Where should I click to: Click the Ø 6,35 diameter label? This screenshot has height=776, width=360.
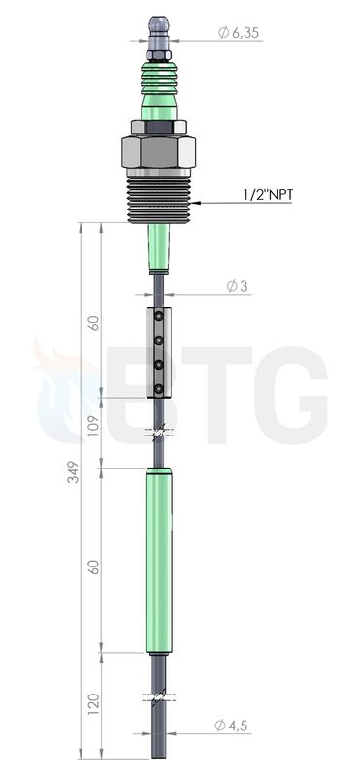click(x=238, y=33)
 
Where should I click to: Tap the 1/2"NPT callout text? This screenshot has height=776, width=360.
click(x=268, y=195)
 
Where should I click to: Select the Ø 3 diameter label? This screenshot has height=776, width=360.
click(x=237, y=286)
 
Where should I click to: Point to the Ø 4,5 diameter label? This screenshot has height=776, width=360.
click(x=231, y=726)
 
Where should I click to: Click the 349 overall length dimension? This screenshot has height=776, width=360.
click(x=74, y=472)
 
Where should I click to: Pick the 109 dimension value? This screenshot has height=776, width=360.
click(x=93, y=427)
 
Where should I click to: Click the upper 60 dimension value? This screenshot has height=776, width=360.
click(x=93, y=323)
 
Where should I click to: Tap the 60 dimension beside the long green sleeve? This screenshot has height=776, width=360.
click(x=93, y=566)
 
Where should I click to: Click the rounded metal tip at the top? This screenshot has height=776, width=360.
click(x=159, y=24)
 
